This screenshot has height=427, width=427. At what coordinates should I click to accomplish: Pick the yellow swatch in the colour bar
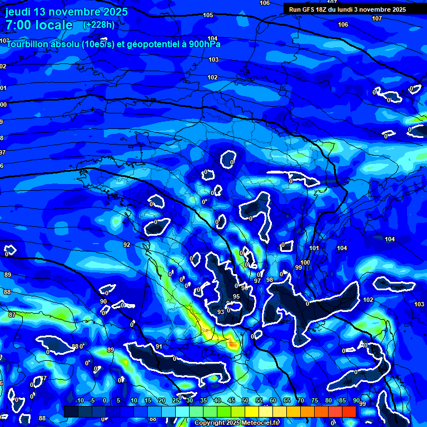click(x=251, y=411)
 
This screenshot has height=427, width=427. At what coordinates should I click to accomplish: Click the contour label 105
click(x=208, y=15)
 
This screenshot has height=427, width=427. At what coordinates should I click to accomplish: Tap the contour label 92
click(x=127, y=245)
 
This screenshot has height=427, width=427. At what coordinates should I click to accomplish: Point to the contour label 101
click(x=314, y=248)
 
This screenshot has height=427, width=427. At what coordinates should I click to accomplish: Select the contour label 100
click(x=305, y=262)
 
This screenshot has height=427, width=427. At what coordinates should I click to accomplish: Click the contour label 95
click(x=236, y=296)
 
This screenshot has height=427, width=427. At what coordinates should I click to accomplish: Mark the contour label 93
click(x=221, y=312)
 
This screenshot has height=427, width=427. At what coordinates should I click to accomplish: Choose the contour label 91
click(x=159, y=346)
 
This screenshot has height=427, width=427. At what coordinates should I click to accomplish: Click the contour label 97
click(x=257, y=281)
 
